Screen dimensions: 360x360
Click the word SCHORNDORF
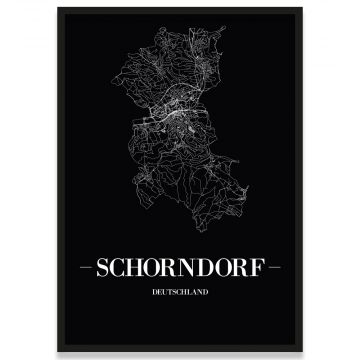tap(180, 270)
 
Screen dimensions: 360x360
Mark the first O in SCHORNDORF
tap(153, 270)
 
